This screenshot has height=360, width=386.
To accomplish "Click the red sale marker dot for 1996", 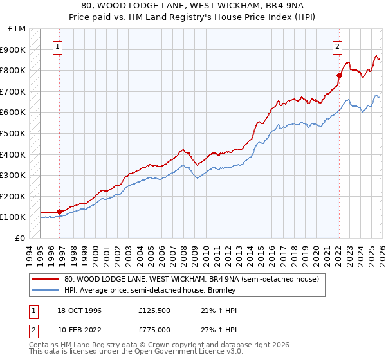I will coord(60,211).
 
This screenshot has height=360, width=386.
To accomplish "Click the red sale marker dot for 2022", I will coord(339,76).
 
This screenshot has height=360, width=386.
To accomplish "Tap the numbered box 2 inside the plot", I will coord(337,46).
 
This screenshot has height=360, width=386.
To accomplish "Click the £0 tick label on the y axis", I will coord(21,238).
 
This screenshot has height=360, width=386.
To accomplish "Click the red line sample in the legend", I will coord(46,279).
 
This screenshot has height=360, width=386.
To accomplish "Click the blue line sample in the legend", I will coord(46,290).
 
